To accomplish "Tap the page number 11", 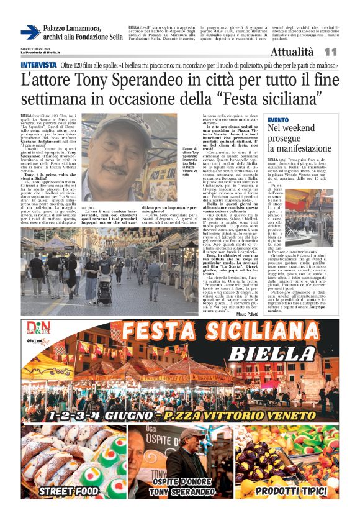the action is pos(330,52).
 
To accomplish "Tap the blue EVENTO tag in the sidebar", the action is pos(277,119).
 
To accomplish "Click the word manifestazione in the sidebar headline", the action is pos(300,148).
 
